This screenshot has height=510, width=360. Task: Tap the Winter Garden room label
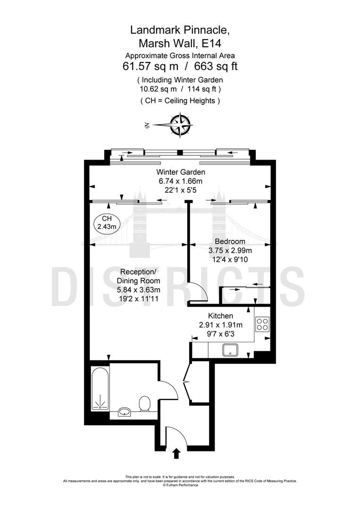181,172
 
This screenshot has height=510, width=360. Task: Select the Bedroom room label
230,241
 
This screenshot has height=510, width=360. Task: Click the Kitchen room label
221,315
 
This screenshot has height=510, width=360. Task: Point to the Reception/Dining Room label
138,276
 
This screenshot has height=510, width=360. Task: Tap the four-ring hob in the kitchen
262,324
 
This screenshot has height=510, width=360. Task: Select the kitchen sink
230,350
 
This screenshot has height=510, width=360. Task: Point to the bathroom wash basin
124,412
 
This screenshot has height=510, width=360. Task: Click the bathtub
100,388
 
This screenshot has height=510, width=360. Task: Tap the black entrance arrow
176,453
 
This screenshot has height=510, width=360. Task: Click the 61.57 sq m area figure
151,67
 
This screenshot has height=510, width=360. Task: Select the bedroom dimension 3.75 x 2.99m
230,250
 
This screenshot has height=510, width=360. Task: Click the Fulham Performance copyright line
180,485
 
